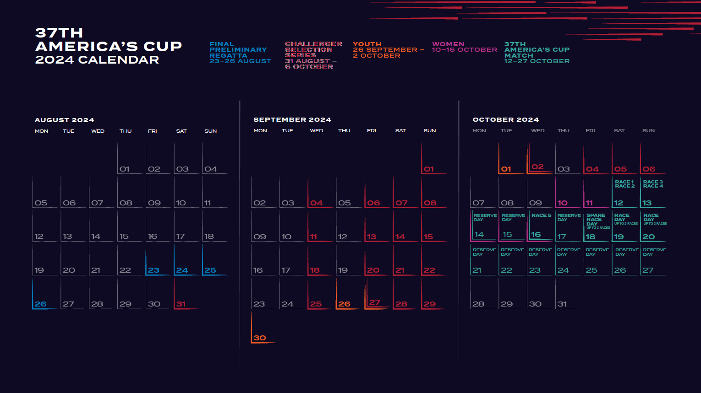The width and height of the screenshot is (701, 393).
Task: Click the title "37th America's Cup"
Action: [x=108, y=40]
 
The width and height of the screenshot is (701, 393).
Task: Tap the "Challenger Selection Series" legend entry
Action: [x=313, y=55]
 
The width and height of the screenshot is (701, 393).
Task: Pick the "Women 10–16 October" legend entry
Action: [x=464, y=47]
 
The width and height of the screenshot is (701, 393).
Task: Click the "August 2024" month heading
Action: [x=64, y=120]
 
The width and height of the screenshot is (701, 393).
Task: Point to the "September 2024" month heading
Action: [x=292, y=119]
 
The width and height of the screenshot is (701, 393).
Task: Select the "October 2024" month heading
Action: [x=505, y=119]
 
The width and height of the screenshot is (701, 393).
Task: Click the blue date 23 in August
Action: [x=153, y=270]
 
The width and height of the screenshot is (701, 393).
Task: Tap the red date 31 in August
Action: [x=181, y=304]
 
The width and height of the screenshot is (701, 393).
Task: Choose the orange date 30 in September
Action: [x=260, y=338]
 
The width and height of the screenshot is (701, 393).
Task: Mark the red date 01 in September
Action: [x=429, y=169]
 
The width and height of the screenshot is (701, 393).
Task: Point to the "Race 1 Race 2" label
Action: [x=624, y=184]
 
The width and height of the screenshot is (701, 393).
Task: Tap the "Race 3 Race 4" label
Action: [x=653, y=184]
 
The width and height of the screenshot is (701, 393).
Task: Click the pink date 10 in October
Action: [x=562, y=203]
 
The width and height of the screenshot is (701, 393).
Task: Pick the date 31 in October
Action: [x=562, y=304]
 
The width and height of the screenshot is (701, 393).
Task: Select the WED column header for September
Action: [x=317, y=131]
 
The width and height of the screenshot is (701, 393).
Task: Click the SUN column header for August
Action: [x=210, y=131]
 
